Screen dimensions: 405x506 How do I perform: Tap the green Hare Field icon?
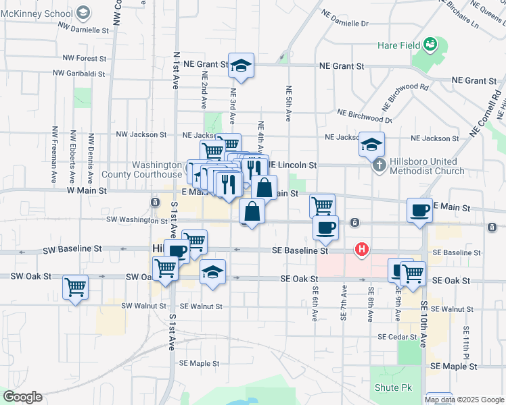[x=430, y=45]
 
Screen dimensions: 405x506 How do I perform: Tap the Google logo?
[x=22, y=397]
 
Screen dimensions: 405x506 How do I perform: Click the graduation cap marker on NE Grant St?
[x=241, y=65]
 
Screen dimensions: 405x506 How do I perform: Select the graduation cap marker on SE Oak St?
[x=213, y=272]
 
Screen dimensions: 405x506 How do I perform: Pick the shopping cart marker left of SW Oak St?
[x=75, y=287]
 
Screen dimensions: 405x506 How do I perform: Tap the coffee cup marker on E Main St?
[x=419, y=210]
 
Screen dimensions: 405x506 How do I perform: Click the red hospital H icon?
[x=362, y=250]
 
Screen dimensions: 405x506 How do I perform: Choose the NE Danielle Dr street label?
[x=345, y=23]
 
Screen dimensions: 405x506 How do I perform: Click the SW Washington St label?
[x=136, y=220]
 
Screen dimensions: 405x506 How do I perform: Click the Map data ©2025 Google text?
[x=465, y=399]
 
